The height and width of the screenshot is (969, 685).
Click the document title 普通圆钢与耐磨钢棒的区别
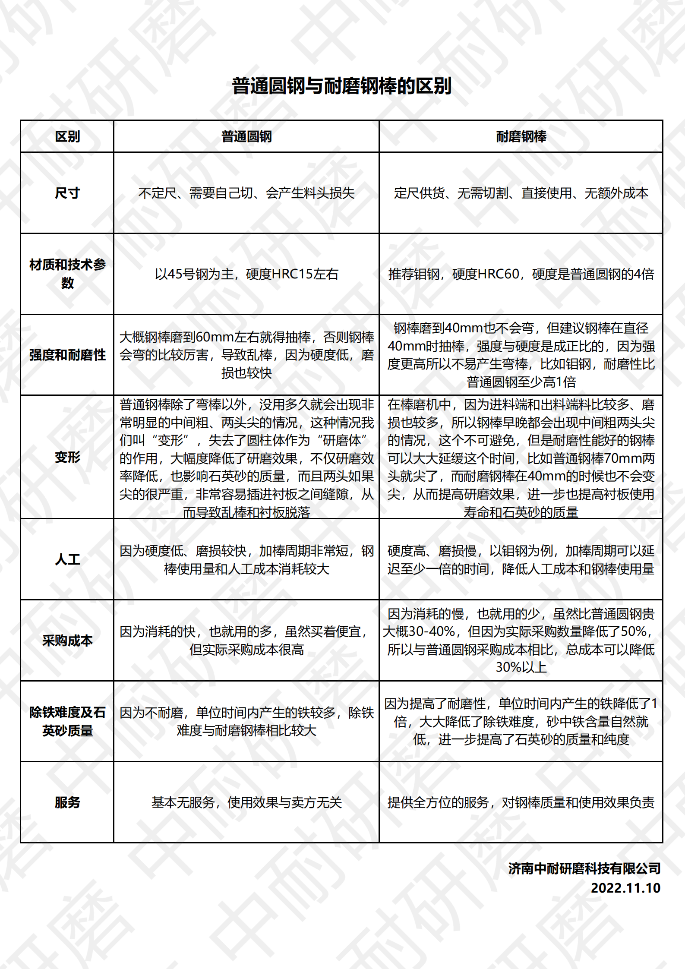(342, 85)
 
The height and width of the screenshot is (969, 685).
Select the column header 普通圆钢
(246, 136)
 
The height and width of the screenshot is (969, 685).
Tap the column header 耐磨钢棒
(521, 136)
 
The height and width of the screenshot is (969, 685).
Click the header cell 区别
(67, 136)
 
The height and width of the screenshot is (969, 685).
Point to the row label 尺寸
(67, 193)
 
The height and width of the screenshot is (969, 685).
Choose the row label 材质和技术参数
(67, 274)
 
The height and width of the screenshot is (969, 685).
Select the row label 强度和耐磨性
(67, 355)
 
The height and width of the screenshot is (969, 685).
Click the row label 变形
(67, 457)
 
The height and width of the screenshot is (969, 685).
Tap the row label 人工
(67, 559)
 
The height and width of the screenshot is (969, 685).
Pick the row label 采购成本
(67, 641)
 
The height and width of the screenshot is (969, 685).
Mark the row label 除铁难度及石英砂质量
(67, 721)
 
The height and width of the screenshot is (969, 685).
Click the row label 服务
(67, 802)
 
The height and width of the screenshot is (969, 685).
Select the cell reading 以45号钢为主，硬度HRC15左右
(246, 274)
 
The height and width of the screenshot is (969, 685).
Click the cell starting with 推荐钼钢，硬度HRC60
(521, 274)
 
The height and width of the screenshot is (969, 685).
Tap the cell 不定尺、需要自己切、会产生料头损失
(246, 193)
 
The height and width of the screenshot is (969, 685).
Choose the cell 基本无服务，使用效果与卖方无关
(246, 802)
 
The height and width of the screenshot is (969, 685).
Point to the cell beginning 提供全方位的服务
(521, 802)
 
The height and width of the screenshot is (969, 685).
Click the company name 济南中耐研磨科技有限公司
(584, 868)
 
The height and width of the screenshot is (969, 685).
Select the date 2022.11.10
(625, 888)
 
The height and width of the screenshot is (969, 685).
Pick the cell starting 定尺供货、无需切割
(521, 193)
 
